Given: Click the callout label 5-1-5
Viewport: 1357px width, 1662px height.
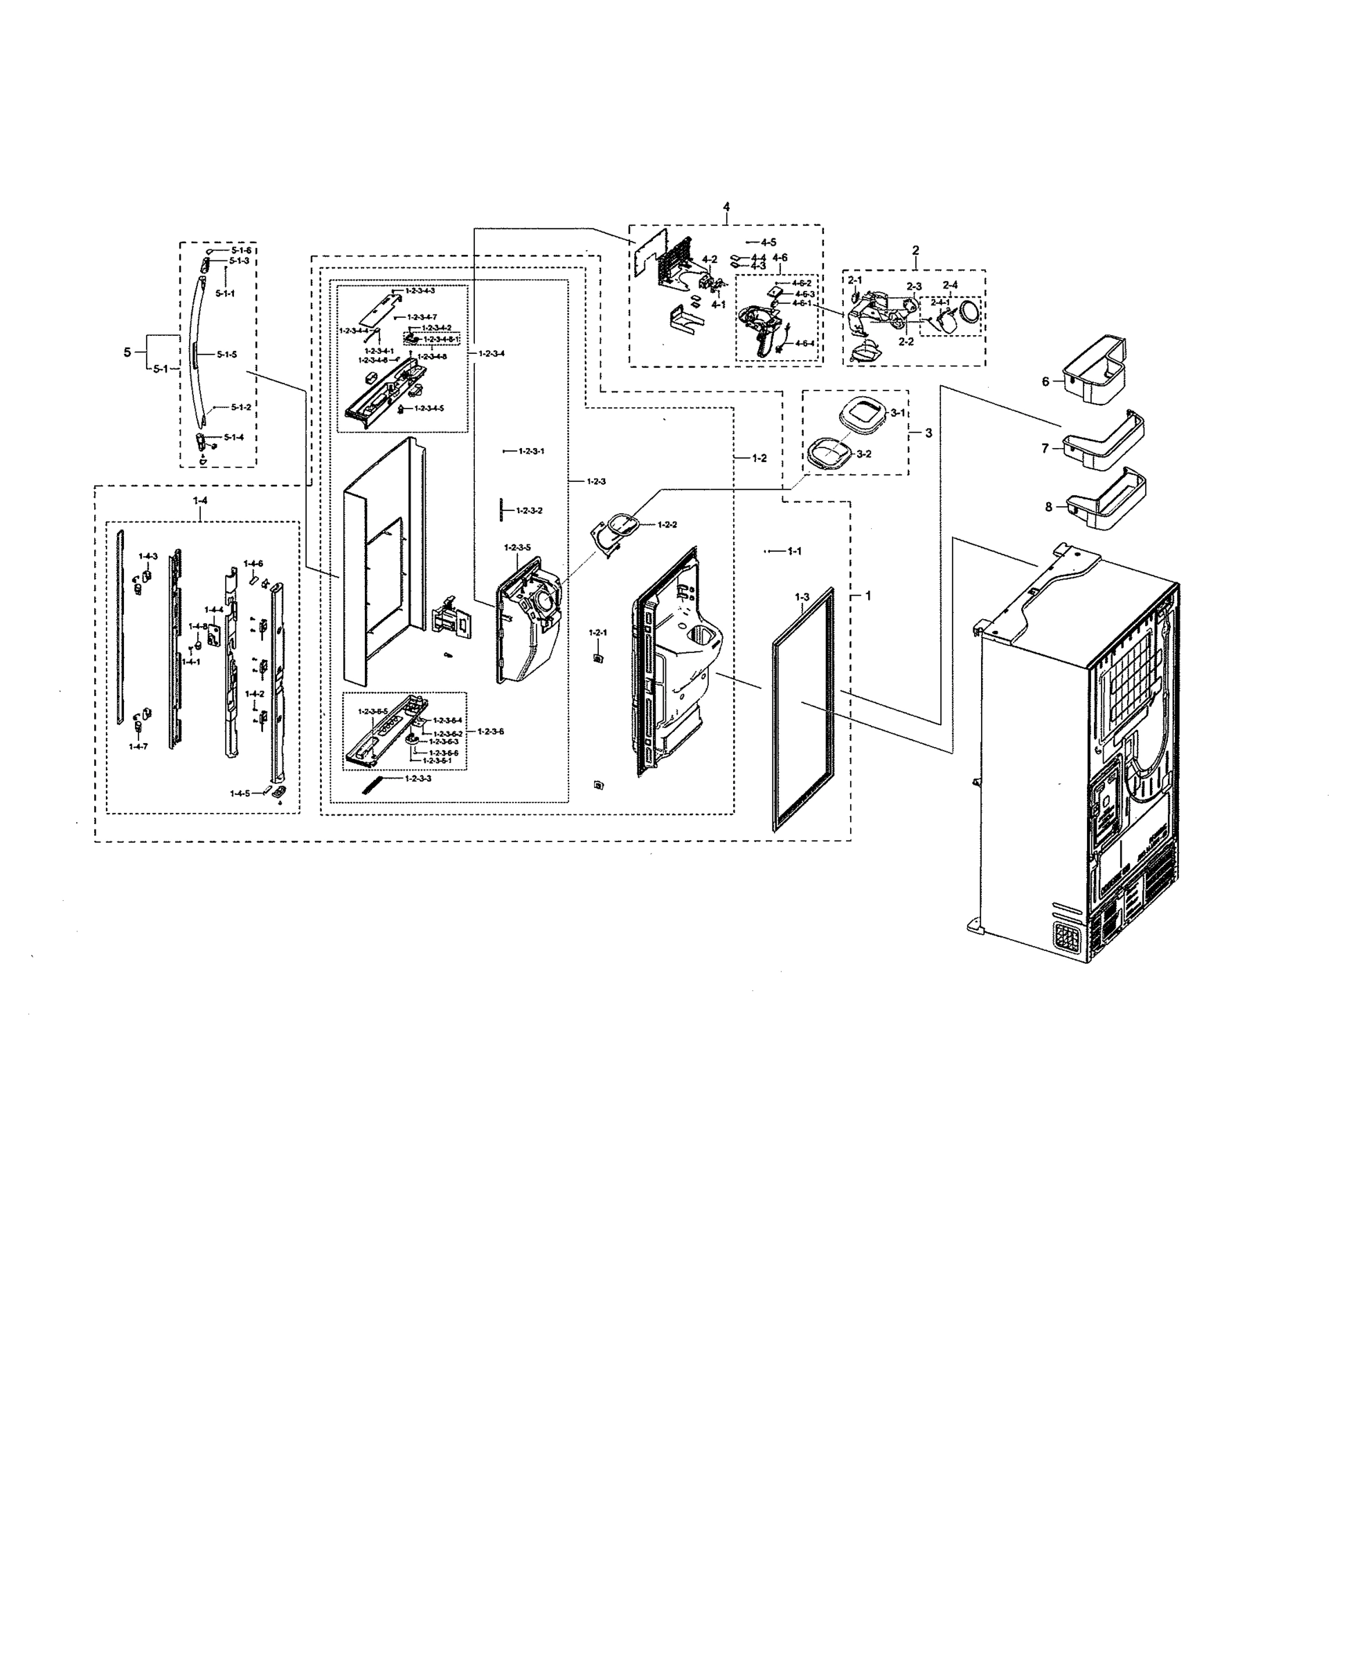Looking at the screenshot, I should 226,354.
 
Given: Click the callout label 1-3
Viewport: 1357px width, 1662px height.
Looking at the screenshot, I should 802,597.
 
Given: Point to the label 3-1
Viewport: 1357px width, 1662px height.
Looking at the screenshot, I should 897,412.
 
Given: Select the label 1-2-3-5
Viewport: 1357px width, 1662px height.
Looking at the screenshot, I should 516,547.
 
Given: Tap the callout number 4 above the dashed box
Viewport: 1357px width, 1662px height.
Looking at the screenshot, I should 726,206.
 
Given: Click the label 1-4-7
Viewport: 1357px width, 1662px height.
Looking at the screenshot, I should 138,747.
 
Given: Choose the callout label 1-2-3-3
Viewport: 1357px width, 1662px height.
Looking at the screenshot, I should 418,778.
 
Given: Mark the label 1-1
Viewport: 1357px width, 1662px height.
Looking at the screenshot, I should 793,551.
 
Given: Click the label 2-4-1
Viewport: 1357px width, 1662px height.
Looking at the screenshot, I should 940,302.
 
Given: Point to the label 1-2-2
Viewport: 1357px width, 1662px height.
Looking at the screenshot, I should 667,524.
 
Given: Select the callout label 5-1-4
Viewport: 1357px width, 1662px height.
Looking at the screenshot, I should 234,437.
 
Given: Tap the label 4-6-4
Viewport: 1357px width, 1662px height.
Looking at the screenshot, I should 805,343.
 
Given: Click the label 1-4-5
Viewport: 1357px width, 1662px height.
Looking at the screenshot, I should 240,794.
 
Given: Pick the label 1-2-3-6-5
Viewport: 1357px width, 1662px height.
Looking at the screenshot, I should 373,711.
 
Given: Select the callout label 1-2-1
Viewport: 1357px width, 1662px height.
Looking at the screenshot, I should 598,632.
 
